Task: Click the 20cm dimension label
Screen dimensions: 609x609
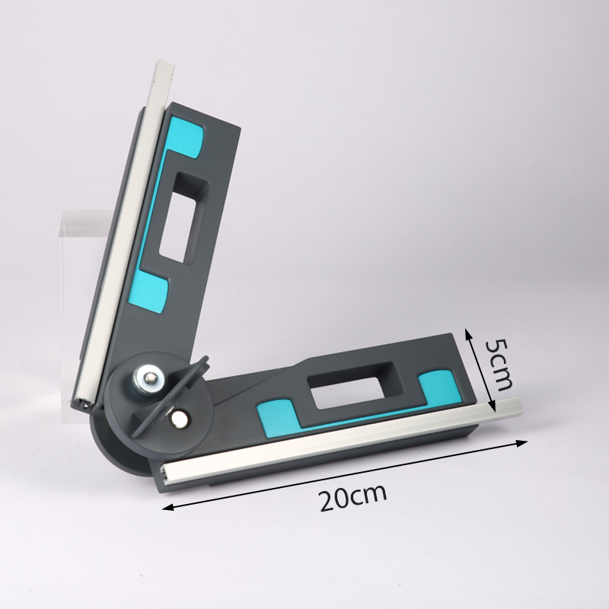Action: [353, 497]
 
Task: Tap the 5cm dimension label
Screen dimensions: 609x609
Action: [498, 365]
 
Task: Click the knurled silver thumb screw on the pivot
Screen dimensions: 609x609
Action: [148, 378]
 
